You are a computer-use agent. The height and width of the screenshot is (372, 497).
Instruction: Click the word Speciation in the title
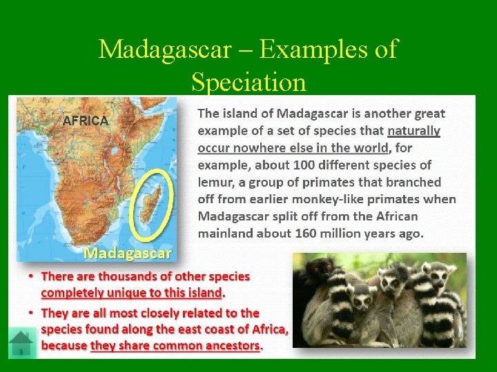click(248, 82)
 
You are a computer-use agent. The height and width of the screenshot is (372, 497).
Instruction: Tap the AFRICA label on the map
click(86, 121)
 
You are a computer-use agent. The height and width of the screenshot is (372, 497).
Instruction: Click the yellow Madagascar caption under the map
click(128, 253)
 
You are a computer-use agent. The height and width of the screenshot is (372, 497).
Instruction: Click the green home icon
click(22, 343)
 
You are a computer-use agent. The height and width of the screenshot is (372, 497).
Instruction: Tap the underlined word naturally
click(413, 131)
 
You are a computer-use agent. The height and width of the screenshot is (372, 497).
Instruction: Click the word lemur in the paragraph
click(217, 183)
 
